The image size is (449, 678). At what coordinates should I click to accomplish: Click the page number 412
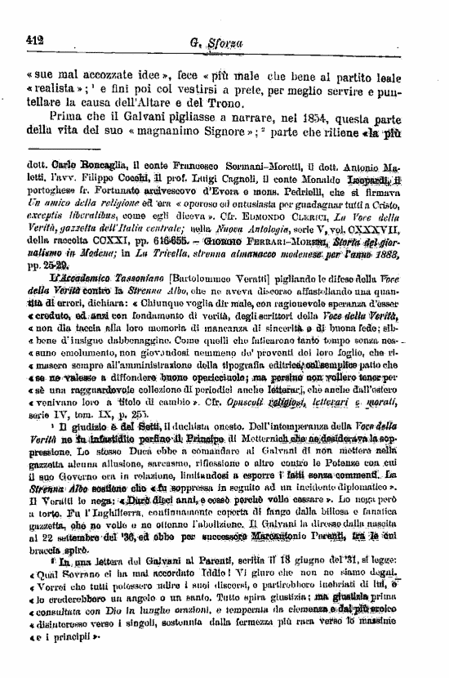coord(34,37)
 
